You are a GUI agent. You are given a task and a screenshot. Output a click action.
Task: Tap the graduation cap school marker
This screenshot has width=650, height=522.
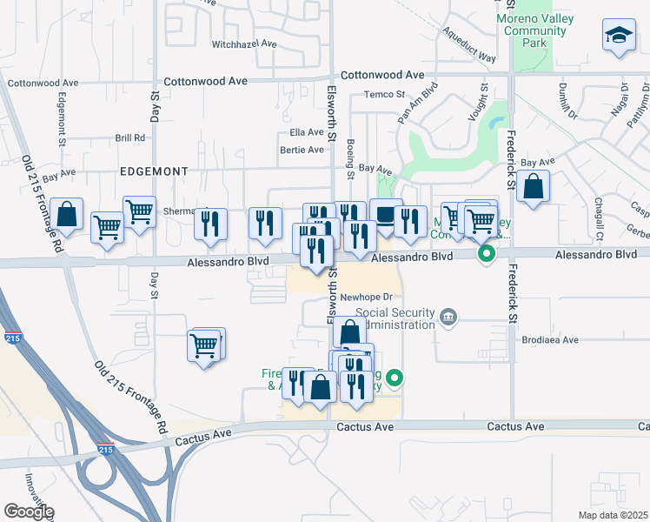pos(618,36)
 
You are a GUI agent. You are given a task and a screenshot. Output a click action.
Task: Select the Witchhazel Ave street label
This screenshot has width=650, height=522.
pos(244,43)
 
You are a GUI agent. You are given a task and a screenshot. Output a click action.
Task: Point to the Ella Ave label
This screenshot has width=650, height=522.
pos(307,133)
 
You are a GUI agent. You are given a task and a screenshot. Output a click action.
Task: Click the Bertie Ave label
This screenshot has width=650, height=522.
pos(302,150)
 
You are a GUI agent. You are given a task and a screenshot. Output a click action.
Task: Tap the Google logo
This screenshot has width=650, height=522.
pos(29,512)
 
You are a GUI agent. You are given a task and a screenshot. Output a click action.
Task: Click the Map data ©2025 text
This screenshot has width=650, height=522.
pos(614,515)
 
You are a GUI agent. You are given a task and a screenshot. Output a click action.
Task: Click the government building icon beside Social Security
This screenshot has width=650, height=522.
pos(448,316)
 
